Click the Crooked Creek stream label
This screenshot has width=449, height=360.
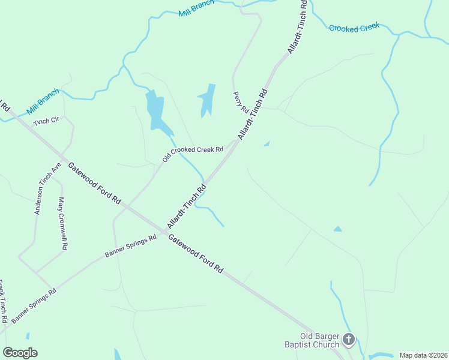click(354, 28)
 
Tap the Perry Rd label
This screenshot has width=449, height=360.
click(241, 103)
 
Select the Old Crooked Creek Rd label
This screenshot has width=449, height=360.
click(193, 154)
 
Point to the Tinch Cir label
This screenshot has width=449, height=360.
click(47, 121)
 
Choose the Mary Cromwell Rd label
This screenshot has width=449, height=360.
click(62, 223)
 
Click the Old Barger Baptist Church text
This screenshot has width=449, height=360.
click(312, 340)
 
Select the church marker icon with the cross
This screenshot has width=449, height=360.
click(348, 340)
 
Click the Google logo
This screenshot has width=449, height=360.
click(20, 352)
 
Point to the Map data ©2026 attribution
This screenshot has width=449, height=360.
click(423, 355)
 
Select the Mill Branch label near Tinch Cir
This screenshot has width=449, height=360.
click(43, 102)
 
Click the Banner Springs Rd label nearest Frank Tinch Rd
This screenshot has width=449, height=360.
click(34, 305)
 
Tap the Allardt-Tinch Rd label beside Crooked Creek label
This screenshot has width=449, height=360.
click(297, 27)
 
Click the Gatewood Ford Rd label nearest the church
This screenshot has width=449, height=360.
click(196, 254)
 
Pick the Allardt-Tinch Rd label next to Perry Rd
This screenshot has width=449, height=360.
click(252, 114)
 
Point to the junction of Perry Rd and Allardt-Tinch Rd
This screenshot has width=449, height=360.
click(235, 143)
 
